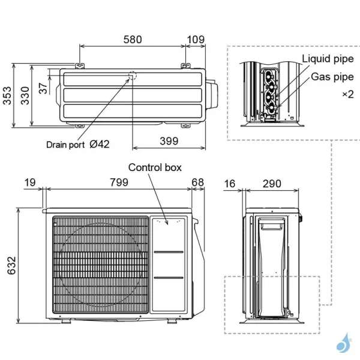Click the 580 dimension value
[133, 40]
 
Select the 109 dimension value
[196, 40]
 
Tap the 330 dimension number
[24, 95]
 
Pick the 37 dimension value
[44, 88]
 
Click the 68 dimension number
[198, 182]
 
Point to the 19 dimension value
[29, 182]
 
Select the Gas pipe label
[332, 77]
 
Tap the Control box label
[155, 168]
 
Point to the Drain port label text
[65, 145]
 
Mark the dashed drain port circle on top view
[131, 77]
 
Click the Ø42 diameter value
[99, 145]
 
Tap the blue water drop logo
[342, 343]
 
